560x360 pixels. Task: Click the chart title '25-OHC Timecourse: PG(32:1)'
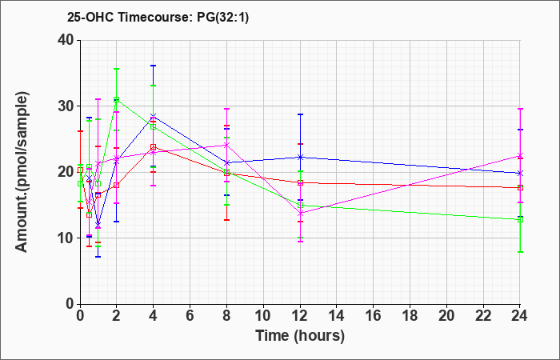click(x=158, y=18)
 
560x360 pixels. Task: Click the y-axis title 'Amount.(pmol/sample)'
click(x=22, y=172)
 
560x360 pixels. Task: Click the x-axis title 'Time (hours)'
click(x=300, y=336)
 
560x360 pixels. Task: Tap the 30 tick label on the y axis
click(x=65, y=106)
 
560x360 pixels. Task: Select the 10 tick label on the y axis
click(x=65, y=238)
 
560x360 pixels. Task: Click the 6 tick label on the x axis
click(x=190, y=316)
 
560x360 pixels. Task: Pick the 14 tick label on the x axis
click(x=337, y=316)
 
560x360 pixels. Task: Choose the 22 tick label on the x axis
click(x=483, y=316)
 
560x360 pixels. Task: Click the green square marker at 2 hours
click(x=117, y=100)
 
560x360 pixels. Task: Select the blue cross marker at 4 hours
click(x=154, y=116)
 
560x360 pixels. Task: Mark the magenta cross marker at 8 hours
click(x=226, y=145)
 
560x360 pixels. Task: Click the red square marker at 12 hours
click(x=300, y=183)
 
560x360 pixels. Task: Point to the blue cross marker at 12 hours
click(x=300, y=157)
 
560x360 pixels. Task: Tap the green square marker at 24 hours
click(x=520, y=220)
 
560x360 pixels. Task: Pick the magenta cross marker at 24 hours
click(x=520, y=156)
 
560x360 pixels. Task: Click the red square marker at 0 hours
click(x=80, y=170)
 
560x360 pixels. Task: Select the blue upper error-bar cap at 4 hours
click(x=154, y=66)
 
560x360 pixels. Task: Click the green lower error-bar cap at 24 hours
click(x=520, y=252)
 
